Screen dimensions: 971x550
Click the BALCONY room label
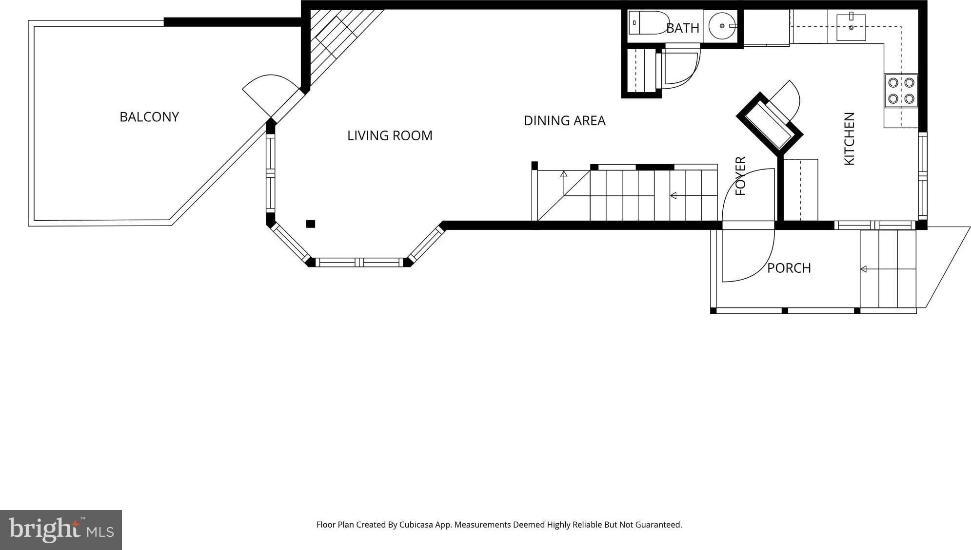point(149,117)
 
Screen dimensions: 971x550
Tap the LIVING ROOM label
point(390,135)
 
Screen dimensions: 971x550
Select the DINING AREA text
point(564,120)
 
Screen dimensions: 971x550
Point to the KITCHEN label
point(849,139)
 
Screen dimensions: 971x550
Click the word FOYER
point(740,176)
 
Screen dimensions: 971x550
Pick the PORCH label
point(789,268)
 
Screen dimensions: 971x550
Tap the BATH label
point(683,28)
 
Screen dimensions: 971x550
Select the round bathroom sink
point(723,26)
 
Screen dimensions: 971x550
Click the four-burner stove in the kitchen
point(901,91)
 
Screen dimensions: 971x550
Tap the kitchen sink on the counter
point(851,27)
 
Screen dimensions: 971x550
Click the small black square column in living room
point(311,224)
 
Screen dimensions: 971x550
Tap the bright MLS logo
point(61,530)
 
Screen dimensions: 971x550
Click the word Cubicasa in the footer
point(416,525)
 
